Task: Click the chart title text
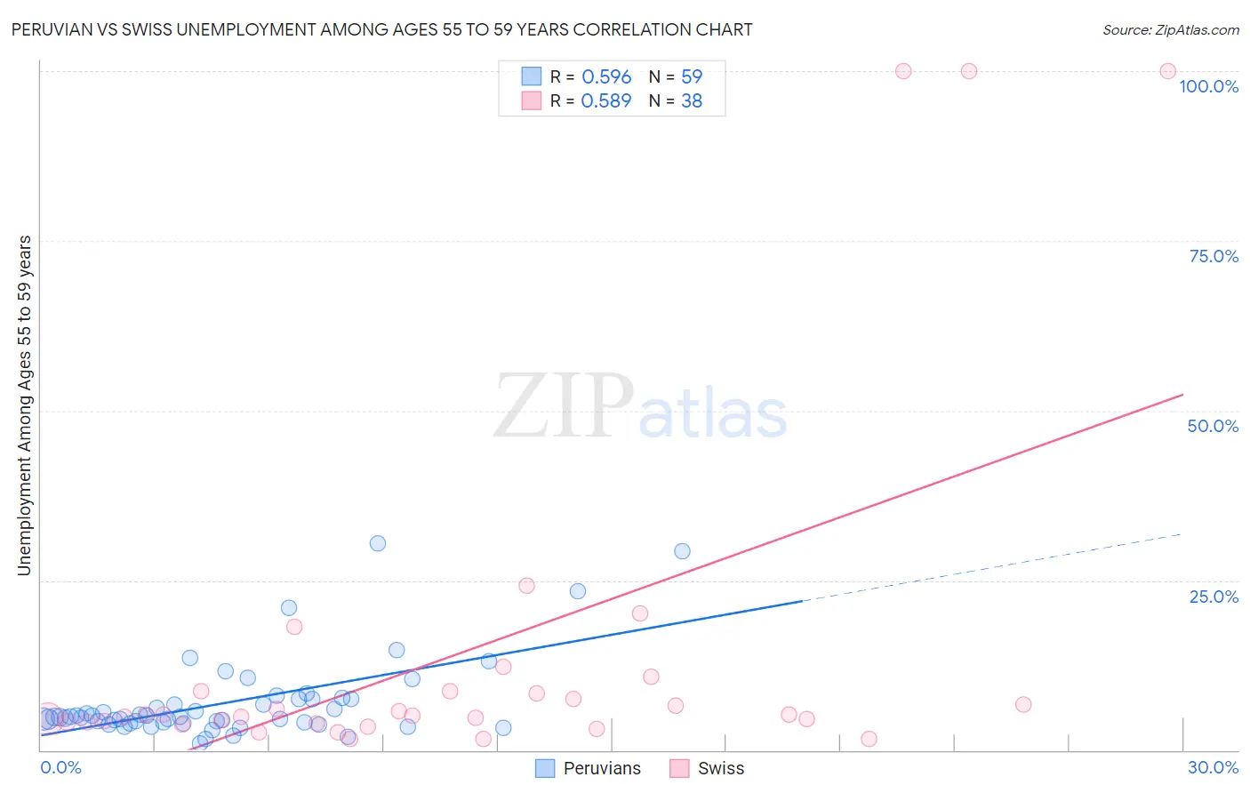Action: (381, 29)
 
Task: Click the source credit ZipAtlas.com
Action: (1170, 29)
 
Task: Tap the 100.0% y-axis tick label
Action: (1208, 86)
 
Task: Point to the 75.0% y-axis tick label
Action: (1214, 256)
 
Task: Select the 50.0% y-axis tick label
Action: (1213, 426)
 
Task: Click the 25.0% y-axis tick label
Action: (1214, 597)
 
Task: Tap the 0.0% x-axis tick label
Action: (60, 767)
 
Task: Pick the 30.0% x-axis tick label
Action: (1213, 767)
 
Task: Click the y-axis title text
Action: (24, 405)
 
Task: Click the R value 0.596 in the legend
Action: (605, 77)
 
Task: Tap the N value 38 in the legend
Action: (692, 101)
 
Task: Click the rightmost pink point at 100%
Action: (1167, 71)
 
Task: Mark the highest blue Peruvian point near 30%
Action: (378, 543)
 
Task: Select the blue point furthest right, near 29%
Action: (682, 551)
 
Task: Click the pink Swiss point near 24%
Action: (526, 585)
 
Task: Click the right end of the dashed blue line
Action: (1182, 534)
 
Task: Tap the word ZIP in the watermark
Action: (564, 407)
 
